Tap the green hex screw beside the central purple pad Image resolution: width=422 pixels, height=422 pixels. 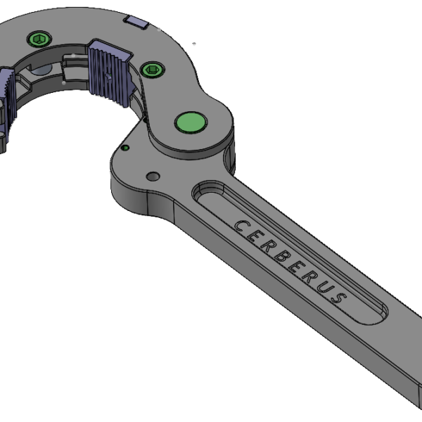pyautogui.click(x=152, y=68)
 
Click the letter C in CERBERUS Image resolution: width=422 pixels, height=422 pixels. pyautogui.click(x=240, y=226)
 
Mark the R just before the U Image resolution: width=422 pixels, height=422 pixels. pyautogui.click(x=309, y=275)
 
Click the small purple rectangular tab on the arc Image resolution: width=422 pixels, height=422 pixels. pyautogui.click(x=136, y=23)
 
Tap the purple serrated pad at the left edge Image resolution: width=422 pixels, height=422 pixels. pyautogui.click(x=6, y=88)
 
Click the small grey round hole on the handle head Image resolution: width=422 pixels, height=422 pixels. pyautogui.click(x=152, y=175)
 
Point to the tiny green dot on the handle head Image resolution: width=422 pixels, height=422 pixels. pyautogui.click(x=125, y=148)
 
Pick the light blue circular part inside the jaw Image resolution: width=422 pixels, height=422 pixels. pyautogui.click(x=41, y=70)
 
